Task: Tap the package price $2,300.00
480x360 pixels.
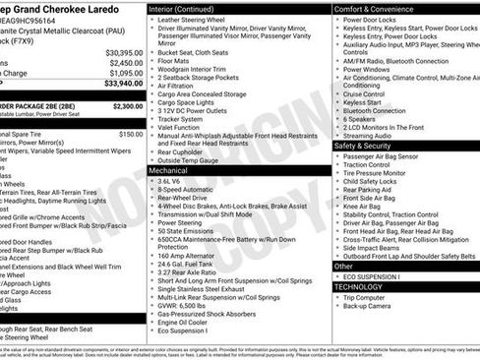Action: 127,105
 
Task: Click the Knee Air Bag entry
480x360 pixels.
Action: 364,207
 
